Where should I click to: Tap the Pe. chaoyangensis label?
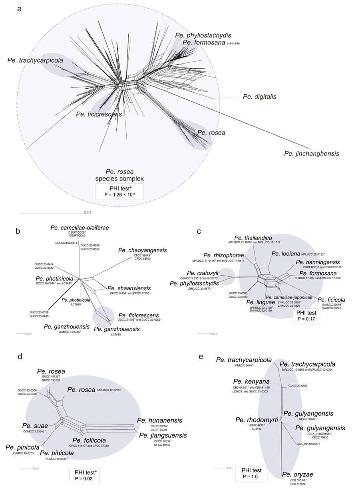142,250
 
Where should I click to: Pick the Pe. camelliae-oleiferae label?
80,228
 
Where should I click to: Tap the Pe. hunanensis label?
159,421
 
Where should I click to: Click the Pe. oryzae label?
296,474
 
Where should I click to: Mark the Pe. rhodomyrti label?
257,420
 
